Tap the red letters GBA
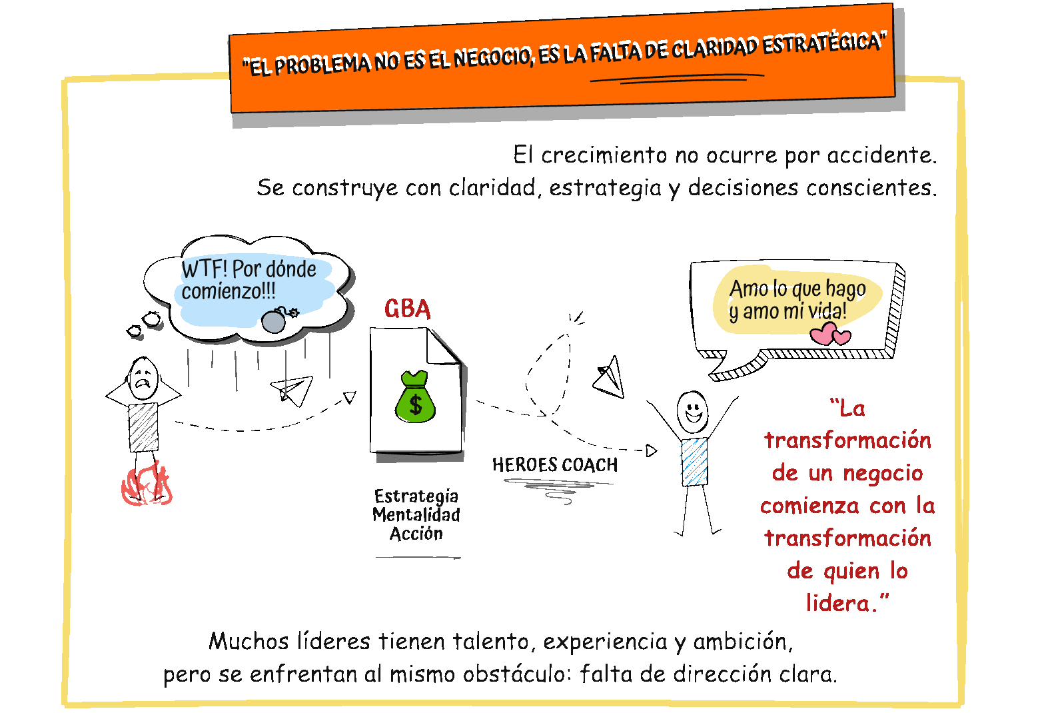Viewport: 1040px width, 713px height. click(x=408, y=309)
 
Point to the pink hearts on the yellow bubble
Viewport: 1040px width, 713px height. click(x=830, y=333)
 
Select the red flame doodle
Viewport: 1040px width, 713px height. click(x=147, y=484)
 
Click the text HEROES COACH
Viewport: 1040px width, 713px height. click(x=555, y=465)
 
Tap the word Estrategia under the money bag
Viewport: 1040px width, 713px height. click(x=416, y=496)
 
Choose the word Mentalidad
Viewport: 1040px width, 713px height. click(x=416, y=515)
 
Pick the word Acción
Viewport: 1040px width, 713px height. click(x=416, y=534)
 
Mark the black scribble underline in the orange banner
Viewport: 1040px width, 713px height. click(x=676, y=79)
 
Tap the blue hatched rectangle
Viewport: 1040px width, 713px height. click(x=694, y=462)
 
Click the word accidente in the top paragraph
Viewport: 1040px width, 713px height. click(x=881, y=155)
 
